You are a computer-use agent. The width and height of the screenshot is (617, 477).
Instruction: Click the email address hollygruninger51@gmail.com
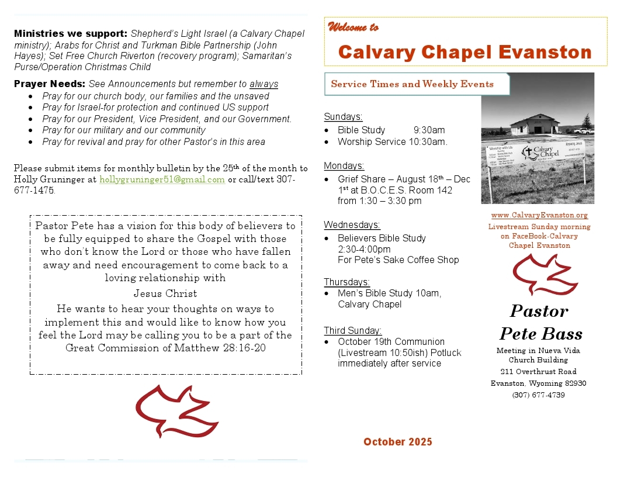[162, 179]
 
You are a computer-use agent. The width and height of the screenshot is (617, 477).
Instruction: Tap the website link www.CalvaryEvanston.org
[539, 216]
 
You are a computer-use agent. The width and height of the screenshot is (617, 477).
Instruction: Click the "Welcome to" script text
[353, 27]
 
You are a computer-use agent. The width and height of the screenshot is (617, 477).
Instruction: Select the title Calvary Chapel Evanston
[465, 52]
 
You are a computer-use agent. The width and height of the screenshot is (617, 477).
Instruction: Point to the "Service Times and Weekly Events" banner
[412, 84]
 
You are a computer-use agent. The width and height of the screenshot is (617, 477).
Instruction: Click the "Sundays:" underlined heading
[344, 116]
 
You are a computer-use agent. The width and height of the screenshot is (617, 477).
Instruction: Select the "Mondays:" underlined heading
[344, 165]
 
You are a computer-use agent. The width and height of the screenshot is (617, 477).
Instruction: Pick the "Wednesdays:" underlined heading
[352, 224]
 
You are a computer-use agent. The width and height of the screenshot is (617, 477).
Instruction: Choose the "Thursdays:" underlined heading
[347, 282]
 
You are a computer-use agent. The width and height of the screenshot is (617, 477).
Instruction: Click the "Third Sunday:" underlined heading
[353, 330]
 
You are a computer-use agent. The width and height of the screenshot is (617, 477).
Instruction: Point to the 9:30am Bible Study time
[429, 130]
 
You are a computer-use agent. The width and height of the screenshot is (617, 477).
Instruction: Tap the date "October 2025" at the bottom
[398, 442]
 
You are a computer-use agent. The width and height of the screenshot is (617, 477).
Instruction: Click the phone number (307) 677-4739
[538, 395]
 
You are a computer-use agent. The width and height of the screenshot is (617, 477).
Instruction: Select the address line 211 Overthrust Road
[538, 371]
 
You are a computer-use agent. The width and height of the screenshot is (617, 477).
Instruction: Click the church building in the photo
[535, 124]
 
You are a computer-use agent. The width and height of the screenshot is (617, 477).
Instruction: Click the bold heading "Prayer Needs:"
[50, 84]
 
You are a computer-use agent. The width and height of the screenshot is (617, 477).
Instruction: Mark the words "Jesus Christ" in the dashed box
[165, 293]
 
